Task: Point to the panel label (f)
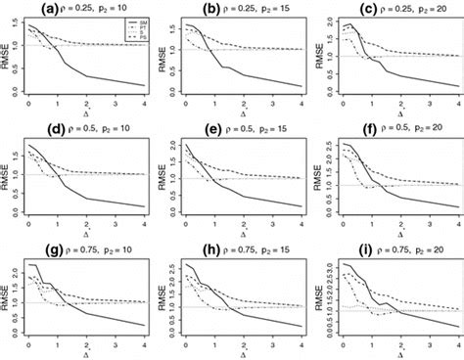coord(344,128)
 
